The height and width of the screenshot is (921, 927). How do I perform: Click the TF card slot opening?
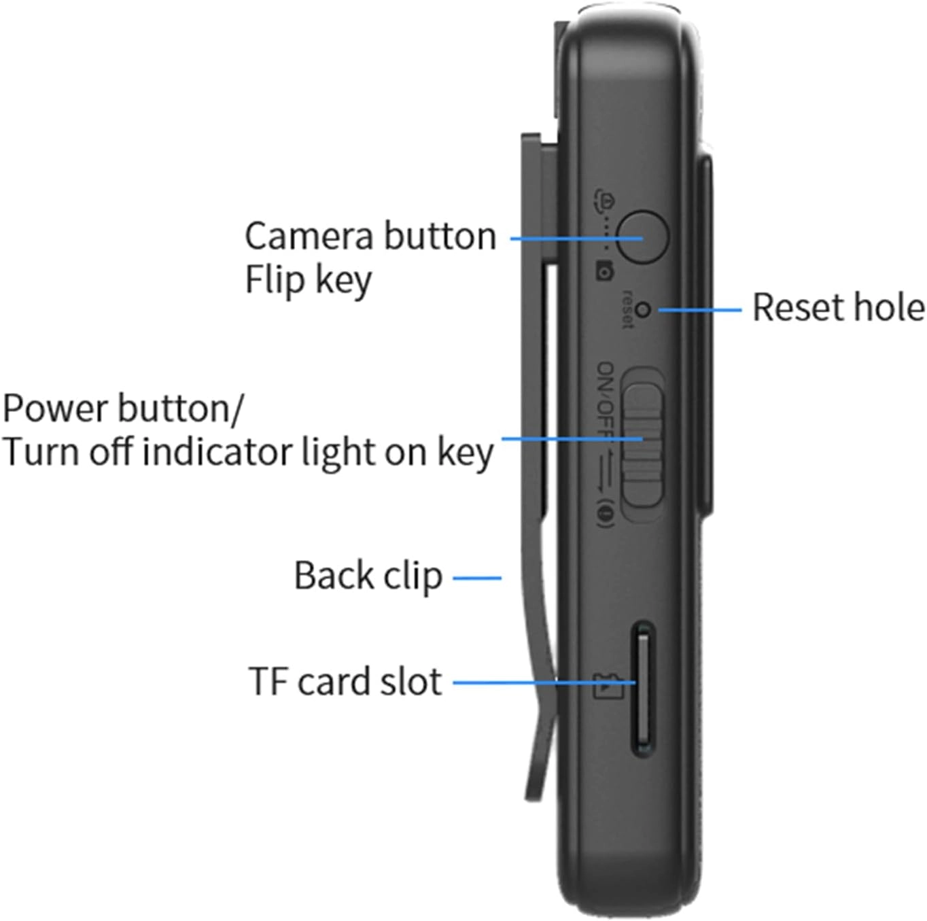pos(643,688)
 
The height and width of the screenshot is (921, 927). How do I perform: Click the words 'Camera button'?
pos(370,237)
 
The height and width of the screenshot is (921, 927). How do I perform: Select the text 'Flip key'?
pos(308,280)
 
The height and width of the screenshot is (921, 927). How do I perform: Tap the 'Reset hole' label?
pos(838,307)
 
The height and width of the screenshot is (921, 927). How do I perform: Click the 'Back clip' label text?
pos(368,576)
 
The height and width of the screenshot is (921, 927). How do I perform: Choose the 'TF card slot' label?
pos(345,681)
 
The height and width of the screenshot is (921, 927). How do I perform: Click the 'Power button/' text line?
pos(122,409)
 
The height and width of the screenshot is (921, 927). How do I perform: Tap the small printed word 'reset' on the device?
pos(627,309)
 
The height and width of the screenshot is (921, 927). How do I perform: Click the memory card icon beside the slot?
pos(608,686)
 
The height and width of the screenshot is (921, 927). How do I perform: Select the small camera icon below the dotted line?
pos(604,271)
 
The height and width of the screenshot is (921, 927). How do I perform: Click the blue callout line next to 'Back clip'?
pos(477,578)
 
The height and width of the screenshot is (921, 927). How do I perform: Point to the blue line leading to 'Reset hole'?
pos(700,310)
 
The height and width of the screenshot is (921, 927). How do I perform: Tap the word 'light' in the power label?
pos(338,452)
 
